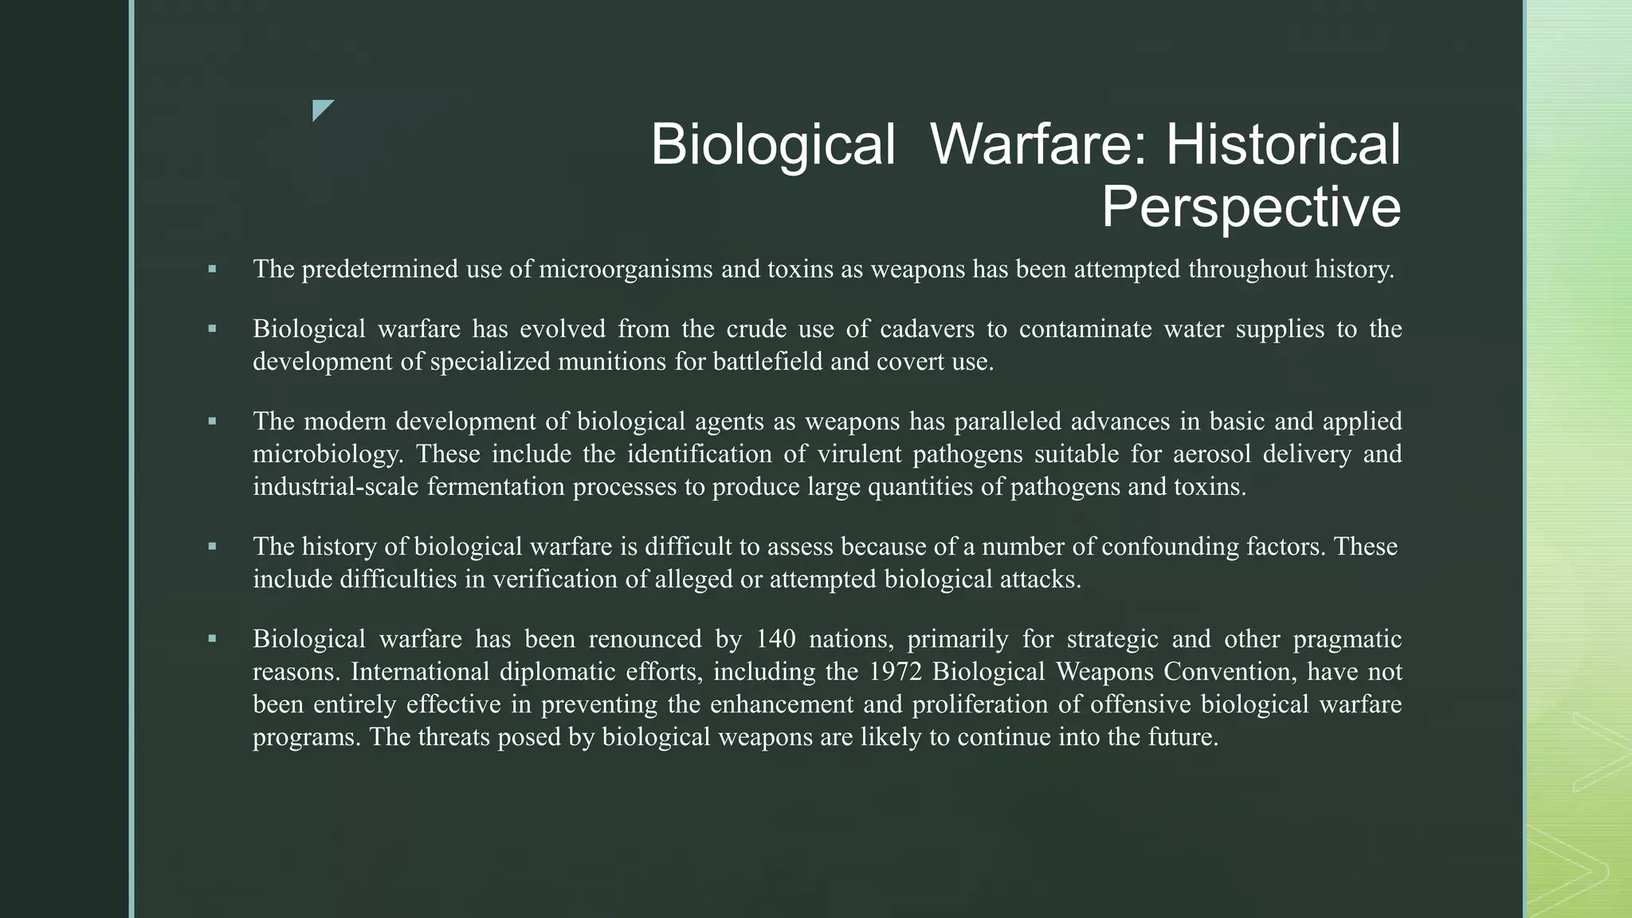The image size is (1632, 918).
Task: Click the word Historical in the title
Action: point(1283,145)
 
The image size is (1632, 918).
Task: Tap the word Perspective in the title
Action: point(1251,207)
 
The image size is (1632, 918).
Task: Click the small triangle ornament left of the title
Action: point(323,110)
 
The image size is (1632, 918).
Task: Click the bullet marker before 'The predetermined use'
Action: point(212,269)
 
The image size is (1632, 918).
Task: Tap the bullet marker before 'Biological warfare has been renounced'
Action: point(212,639)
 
